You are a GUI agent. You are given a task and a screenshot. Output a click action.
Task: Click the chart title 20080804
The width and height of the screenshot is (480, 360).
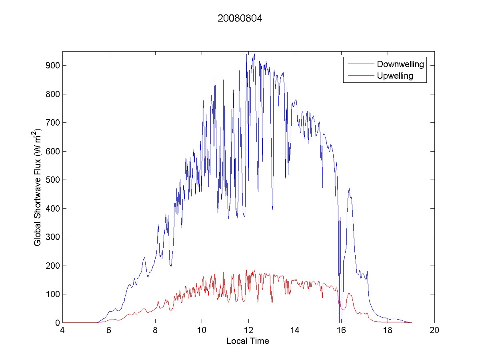240,18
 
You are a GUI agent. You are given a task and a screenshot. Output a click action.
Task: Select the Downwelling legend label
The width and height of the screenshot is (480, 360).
400,64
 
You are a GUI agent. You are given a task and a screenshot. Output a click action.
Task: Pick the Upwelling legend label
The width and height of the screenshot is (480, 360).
395,76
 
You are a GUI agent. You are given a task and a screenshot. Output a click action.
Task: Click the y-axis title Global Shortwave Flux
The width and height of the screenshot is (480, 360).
38,187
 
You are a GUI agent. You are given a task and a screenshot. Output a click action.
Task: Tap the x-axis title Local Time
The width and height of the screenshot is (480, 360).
248,341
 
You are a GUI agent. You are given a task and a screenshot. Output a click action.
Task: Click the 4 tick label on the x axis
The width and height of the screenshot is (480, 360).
62,331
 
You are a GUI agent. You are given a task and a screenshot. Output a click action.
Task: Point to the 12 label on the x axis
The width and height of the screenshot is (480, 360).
248,331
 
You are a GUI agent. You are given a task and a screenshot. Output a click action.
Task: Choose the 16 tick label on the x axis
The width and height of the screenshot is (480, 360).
341,331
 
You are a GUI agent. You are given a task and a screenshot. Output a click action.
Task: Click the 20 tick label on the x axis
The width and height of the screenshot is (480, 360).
434,331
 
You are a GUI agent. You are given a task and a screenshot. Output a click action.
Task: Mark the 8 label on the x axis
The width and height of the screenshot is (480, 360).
155,331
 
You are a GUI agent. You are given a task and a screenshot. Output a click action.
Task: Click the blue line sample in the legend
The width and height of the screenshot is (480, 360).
360,64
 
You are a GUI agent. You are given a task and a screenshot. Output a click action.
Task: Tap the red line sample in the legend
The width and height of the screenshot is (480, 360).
360,76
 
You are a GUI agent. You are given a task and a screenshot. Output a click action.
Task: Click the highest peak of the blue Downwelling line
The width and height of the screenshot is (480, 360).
254,54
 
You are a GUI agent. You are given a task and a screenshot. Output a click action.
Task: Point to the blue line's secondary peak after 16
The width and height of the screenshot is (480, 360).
349,189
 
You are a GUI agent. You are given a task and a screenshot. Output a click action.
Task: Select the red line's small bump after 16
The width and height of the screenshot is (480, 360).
350,294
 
